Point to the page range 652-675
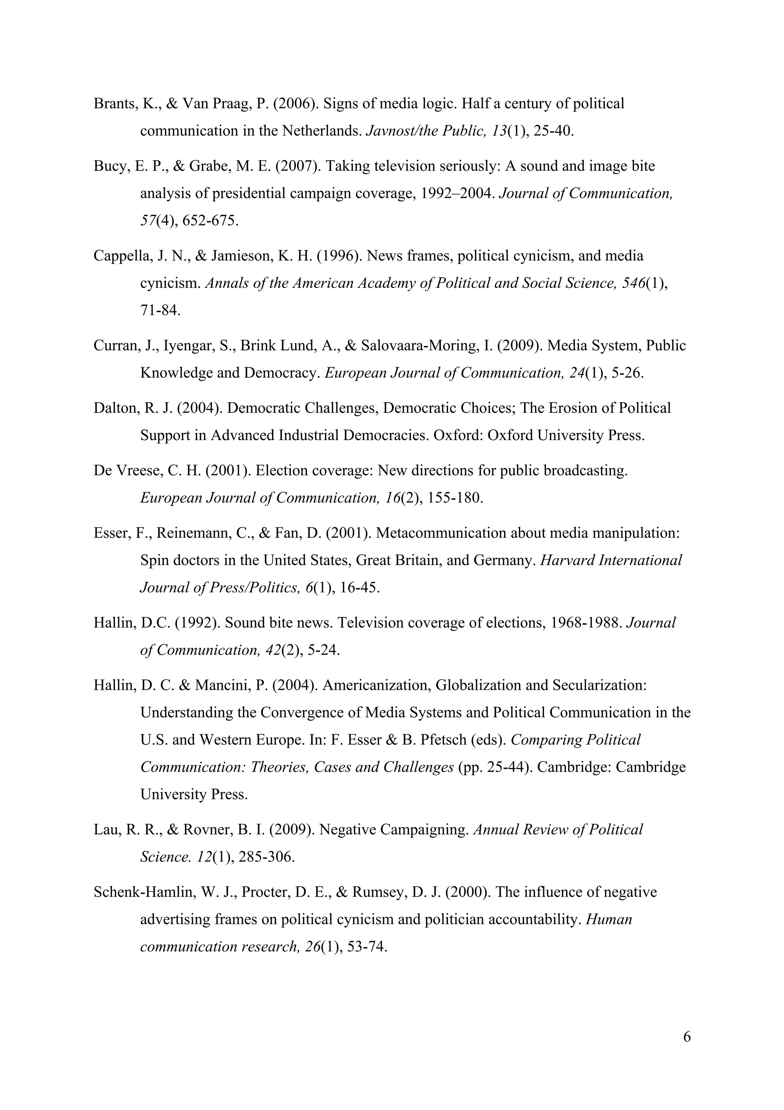coord(210,221)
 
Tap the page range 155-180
coord(455,498)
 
